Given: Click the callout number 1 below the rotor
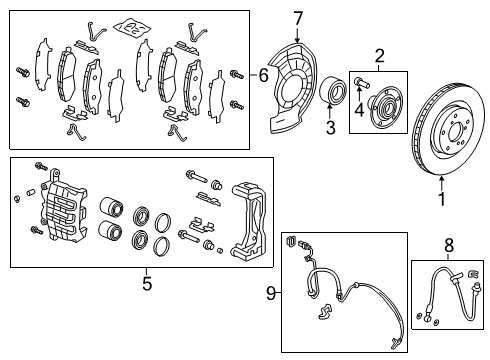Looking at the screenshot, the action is (442, 199).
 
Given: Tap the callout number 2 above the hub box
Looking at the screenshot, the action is (380, 56).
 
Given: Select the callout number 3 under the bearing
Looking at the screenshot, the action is (330, 127).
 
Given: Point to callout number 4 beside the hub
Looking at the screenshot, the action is (359, 109).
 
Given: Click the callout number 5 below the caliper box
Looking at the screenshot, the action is (147, 284).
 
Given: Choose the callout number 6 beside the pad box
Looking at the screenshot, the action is (263, 75).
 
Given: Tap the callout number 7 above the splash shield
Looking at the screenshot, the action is (298, 18).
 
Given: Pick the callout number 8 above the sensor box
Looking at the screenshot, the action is (449, 245).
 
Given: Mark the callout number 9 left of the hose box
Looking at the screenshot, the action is (271, 294).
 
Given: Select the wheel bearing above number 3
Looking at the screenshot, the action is (333, 90).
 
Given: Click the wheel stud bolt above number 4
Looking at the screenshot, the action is (361, 82).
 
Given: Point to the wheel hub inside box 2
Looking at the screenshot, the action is (385, 107).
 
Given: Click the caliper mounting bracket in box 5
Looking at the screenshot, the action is (249, 221).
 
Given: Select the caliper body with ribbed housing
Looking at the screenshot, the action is (63, 208).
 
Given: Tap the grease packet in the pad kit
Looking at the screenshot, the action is (131, 28).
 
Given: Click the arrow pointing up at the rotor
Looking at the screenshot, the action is (442, 183).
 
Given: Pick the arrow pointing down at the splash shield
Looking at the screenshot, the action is (298, 35).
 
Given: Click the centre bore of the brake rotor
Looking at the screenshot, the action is (455, 133).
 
